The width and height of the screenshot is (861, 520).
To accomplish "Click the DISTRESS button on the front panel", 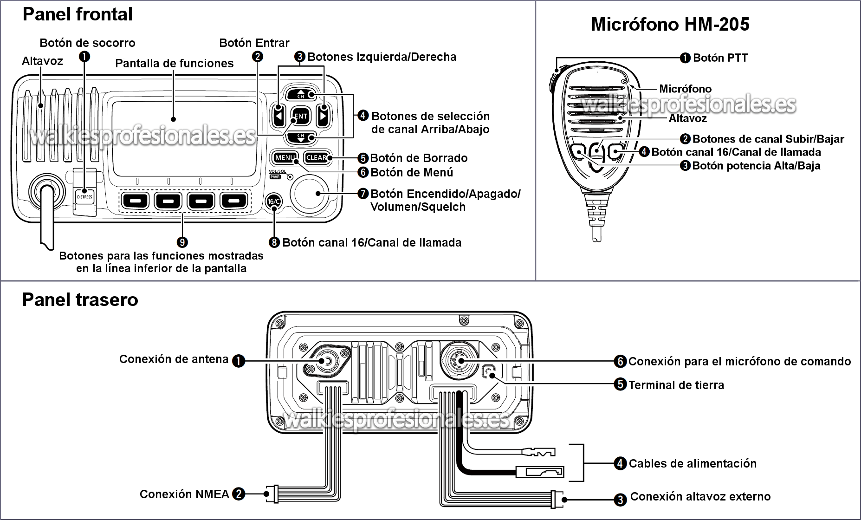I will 84,196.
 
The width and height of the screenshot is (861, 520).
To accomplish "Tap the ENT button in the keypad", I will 301,116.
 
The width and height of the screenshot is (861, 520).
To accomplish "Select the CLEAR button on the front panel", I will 317,158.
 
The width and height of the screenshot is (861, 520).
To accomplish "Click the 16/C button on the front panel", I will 274,201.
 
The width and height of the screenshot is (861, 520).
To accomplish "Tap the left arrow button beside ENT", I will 278,116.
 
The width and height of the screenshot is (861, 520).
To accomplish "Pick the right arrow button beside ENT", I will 323,116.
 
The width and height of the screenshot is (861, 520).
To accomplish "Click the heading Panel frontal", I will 78,14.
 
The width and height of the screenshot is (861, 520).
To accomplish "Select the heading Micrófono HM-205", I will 670,24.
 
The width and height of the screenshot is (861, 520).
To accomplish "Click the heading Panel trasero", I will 80,300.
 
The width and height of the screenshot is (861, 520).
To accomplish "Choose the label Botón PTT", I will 720,58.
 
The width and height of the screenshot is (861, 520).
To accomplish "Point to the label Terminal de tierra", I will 676,385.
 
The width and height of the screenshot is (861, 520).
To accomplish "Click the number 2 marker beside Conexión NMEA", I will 239,494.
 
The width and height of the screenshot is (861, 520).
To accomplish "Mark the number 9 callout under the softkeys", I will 182,242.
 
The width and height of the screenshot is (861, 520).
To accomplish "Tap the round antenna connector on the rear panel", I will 326,362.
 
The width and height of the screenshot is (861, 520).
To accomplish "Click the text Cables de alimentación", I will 692,463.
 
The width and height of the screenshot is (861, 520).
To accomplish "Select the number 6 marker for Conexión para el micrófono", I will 621,361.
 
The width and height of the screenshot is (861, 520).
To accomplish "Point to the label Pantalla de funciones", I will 175,64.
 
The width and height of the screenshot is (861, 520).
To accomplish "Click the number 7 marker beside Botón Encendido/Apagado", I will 363,194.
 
